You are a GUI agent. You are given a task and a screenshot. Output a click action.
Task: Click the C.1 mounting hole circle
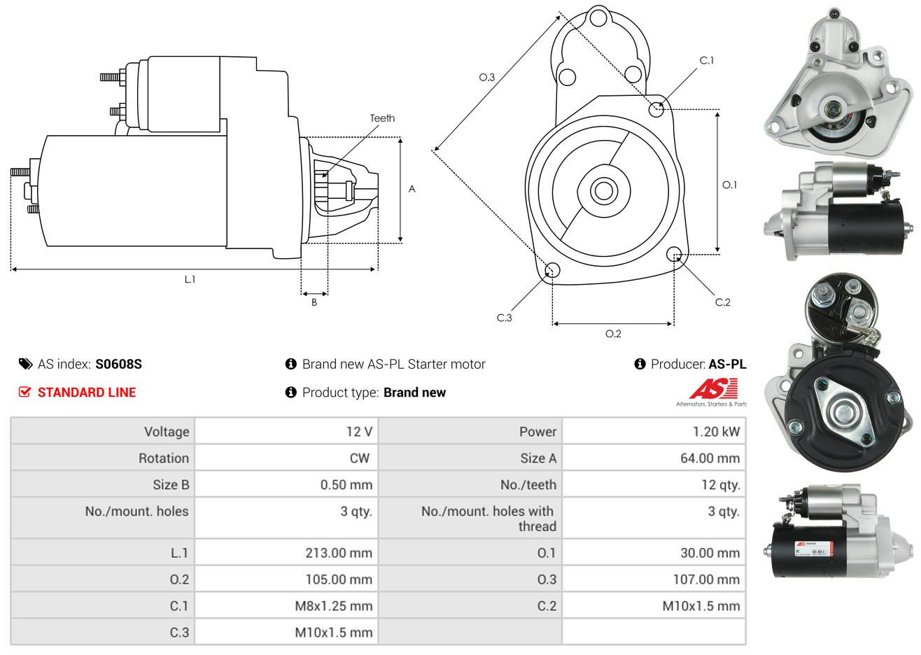[656, 108]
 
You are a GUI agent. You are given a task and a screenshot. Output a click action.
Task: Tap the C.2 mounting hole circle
[675, 253]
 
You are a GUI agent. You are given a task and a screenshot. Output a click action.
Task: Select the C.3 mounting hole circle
[552, 270]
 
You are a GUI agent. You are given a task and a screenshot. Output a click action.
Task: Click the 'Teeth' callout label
[382, 118]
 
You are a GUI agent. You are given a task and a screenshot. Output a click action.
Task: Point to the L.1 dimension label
[190, 279]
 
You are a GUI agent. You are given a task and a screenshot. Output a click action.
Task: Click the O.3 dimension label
[486, 77]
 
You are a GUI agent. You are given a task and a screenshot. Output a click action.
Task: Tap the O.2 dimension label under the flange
[613, 334]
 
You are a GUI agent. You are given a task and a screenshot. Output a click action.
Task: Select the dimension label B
[314, 302]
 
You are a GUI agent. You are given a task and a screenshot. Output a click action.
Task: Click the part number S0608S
[118, 364]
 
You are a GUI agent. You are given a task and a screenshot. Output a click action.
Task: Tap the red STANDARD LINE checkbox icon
[25, 392]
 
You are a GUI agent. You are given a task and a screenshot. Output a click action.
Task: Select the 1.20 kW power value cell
[715, 432]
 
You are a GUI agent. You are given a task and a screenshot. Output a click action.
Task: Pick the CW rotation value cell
[359, 458]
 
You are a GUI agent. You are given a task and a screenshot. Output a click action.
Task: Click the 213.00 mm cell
[338, 553]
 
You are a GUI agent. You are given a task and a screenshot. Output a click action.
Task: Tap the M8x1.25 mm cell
[333, 606]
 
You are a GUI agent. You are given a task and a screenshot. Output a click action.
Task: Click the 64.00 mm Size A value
[709, 458]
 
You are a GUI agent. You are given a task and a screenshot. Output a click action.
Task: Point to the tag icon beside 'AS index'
[26, 364]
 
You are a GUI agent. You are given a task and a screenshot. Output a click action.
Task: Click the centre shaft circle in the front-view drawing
[603, 190]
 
